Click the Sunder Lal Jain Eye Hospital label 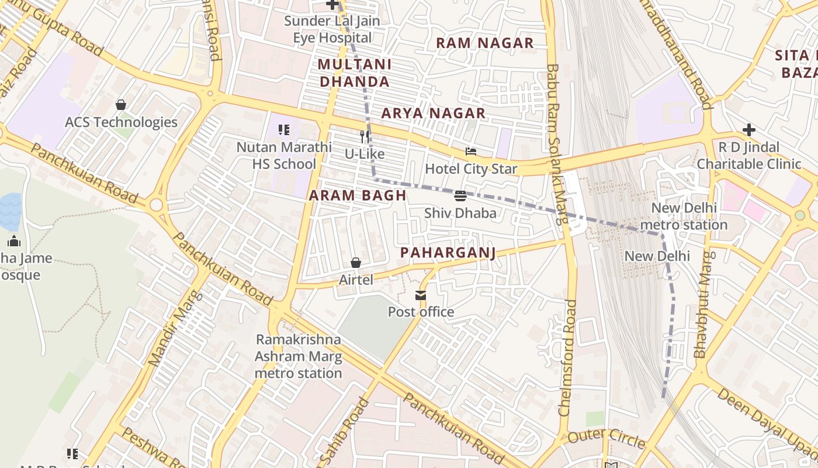pyautogui.click(x=332, y=29)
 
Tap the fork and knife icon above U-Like pyautogui.click(x=365, y=137)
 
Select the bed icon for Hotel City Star pyautogui.click(x=471, y=152)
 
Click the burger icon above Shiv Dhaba pyautogui.click(x=460, y=195)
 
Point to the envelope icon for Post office pyautogui.click(x=421, y=295)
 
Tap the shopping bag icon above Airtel pyautogui.click(x=355, y=263)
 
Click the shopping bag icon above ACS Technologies pyautogui.click(x=121, y=105)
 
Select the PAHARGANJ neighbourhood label pyautogui.click(x=448, y=253)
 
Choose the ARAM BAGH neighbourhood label pyautogui.click(x=358, y=195)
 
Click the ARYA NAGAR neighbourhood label pyautogui.click(x=434, y=113)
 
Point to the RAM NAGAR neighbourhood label pyautogui.click(x=485, y=43)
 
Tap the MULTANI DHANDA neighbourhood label pyautogui.click(x=355, y=73)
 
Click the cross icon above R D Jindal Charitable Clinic pyautogui.click(x=749, y=129)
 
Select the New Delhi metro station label pyautogui.click(x=689, y=216)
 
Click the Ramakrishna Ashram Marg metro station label pyautogui.click(x=299, y=356)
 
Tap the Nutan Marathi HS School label pyautogui.click(x=284, y=156)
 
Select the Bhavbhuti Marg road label pyautogui.click(x=703, y=304)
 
